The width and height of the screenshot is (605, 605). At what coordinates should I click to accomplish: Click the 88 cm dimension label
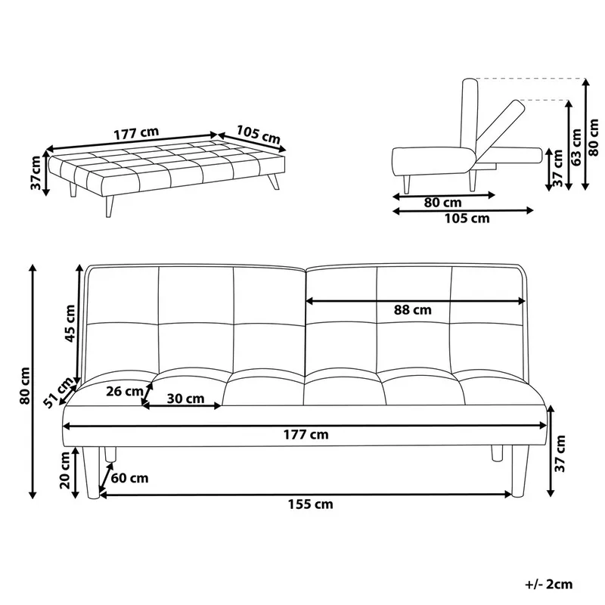click(x=412, y=309)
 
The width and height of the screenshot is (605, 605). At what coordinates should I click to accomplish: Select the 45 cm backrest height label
click(x=70, y=323)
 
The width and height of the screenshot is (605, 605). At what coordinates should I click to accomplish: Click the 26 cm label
click(x=125, y=391)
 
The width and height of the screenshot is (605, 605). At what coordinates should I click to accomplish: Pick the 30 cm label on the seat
click(x=185, y=398)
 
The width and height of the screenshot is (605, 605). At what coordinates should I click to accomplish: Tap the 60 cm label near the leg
click(x=129, y=478)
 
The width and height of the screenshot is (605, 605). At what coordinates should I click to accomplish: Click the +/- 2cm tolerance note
click(x=548, y=583)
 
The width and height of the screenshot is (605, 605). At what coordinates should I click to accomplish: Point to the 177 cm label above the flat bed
click(x=137, y=132)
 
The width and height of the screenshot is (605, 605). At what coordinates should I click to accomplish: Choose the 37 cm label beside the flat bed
click(x=36, y=173)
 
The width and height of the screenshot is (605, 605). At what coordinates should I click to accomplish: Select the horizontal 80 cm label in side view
click(x=442, y=203)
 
